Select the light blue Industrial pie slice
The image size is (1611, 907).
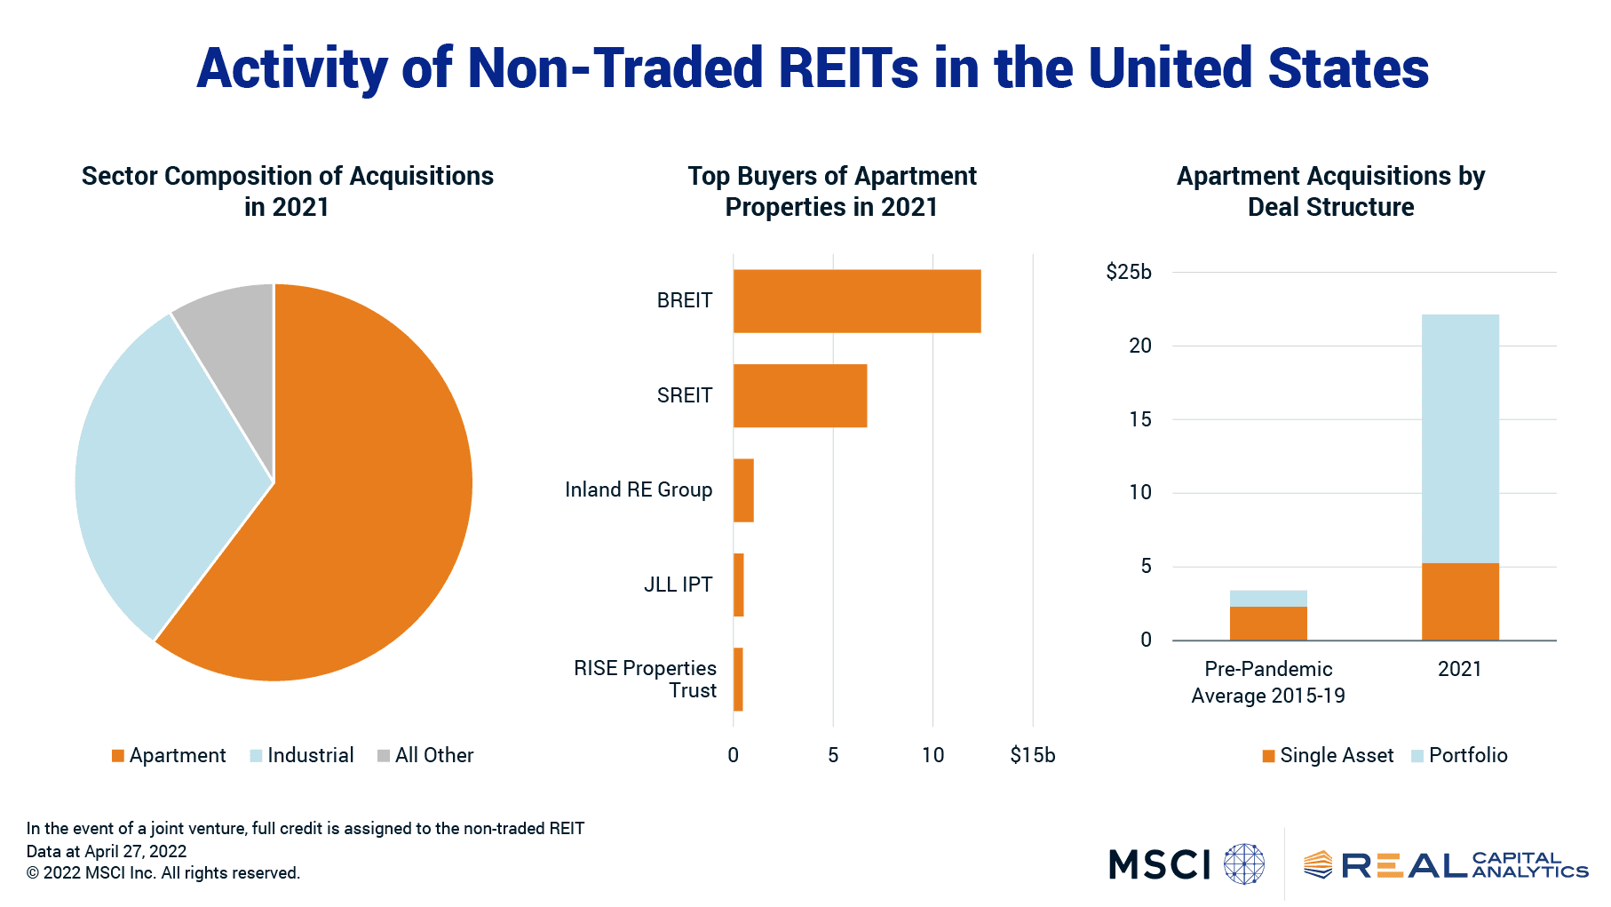click(x=160, y=462)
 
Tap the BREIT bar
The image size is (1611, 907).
click(x=856, y=301)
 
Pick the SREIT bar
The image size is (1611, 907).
click(x=799, y=395)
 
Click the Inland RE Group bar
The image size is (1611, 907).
click(x=743, y=490)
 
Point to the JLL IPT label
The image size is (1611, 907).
click(x=678, y=585)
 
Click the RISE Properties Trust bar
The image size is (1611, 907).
click(x=738, y=680)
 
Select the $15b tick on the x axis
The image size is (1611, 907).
click(x=1032, y=755)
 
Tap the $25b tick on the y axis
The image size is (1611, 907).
click(x=1128, y=272)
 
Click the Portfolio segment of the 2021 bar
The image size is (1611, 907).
click(x=1459, y=438)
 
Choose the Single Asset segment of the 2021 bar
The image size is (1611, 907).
click(x=1459, y=601)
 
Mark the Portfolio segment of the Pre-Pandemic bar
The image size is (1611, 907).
click(x=1267, y=598)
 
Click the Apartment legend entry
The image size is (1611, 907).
click(x=169, y=755)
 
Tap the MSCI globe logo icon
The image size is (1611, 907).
click(x=1243, y=863)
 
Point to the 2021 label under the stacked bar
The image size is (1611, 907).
click(x=1459, y=669)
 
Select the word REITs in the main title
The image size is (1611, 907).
click(x=848, y=68)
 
